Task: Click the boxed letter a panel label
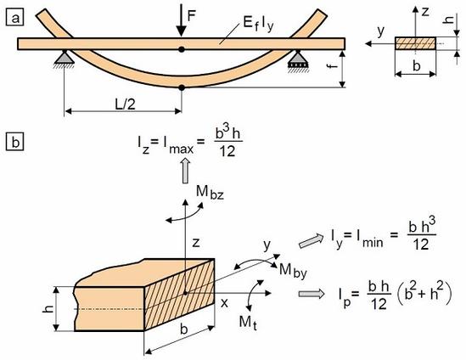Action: point(15,17)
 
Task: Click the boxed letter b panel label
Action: point(15,142)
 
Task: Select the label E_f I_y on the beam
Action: point(258,24)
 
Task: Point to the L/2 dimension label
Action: point(125,104)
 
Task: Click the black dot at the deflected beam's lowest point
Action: point(182,87)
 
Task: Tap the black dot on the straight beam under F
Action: point(182,49)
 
